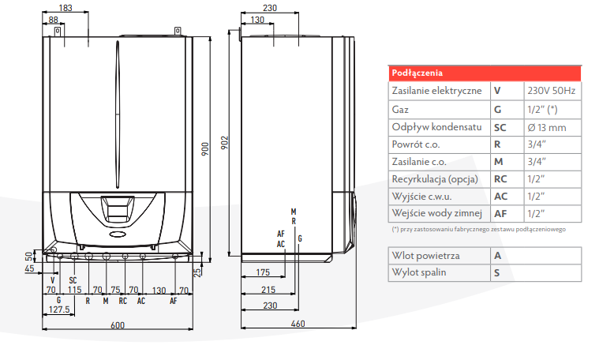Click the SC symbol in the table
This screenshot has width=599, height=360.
500,127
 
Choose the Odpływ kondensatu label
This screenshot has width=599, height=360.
437,127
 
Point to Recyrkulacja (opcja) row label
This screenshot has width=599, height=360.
436,179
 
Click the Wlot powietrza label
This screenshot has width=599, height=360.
427,256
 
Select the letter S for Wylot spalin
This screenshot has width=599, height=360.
497,273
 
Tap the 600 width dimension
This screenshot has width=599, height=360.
118,326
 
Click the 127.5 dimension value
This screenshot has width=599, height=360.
59,309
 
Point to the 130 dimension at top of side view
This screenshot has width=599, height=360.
257,19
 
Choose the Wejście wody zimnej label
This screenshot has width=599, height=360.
436,213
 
